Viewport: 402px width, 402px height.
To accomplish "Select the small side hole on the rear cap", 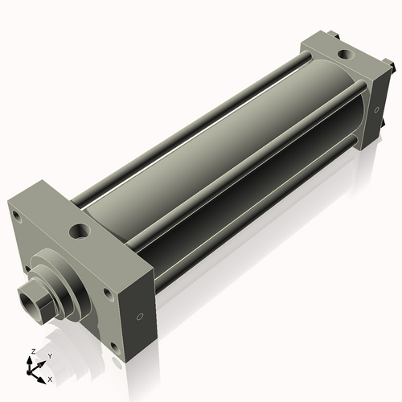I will [x=375, y=109].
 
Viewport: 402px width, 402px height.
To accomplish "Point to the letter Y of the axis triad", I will [x=49, y=355].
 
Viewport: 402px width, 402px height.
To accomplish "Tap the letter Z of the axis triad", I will [x=31, y=352].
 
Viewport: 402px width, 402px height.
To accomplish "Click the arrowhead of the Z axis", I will [x=31, y=359].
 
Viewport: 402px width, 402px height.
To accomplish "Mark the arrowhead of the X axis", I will [x=43, y=375].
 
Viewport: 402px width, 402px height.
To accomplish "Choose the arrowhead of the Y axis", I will [x=43, y=361].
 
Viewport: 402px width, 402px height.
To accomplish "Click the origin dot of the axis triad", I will [x=32, y=371].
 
